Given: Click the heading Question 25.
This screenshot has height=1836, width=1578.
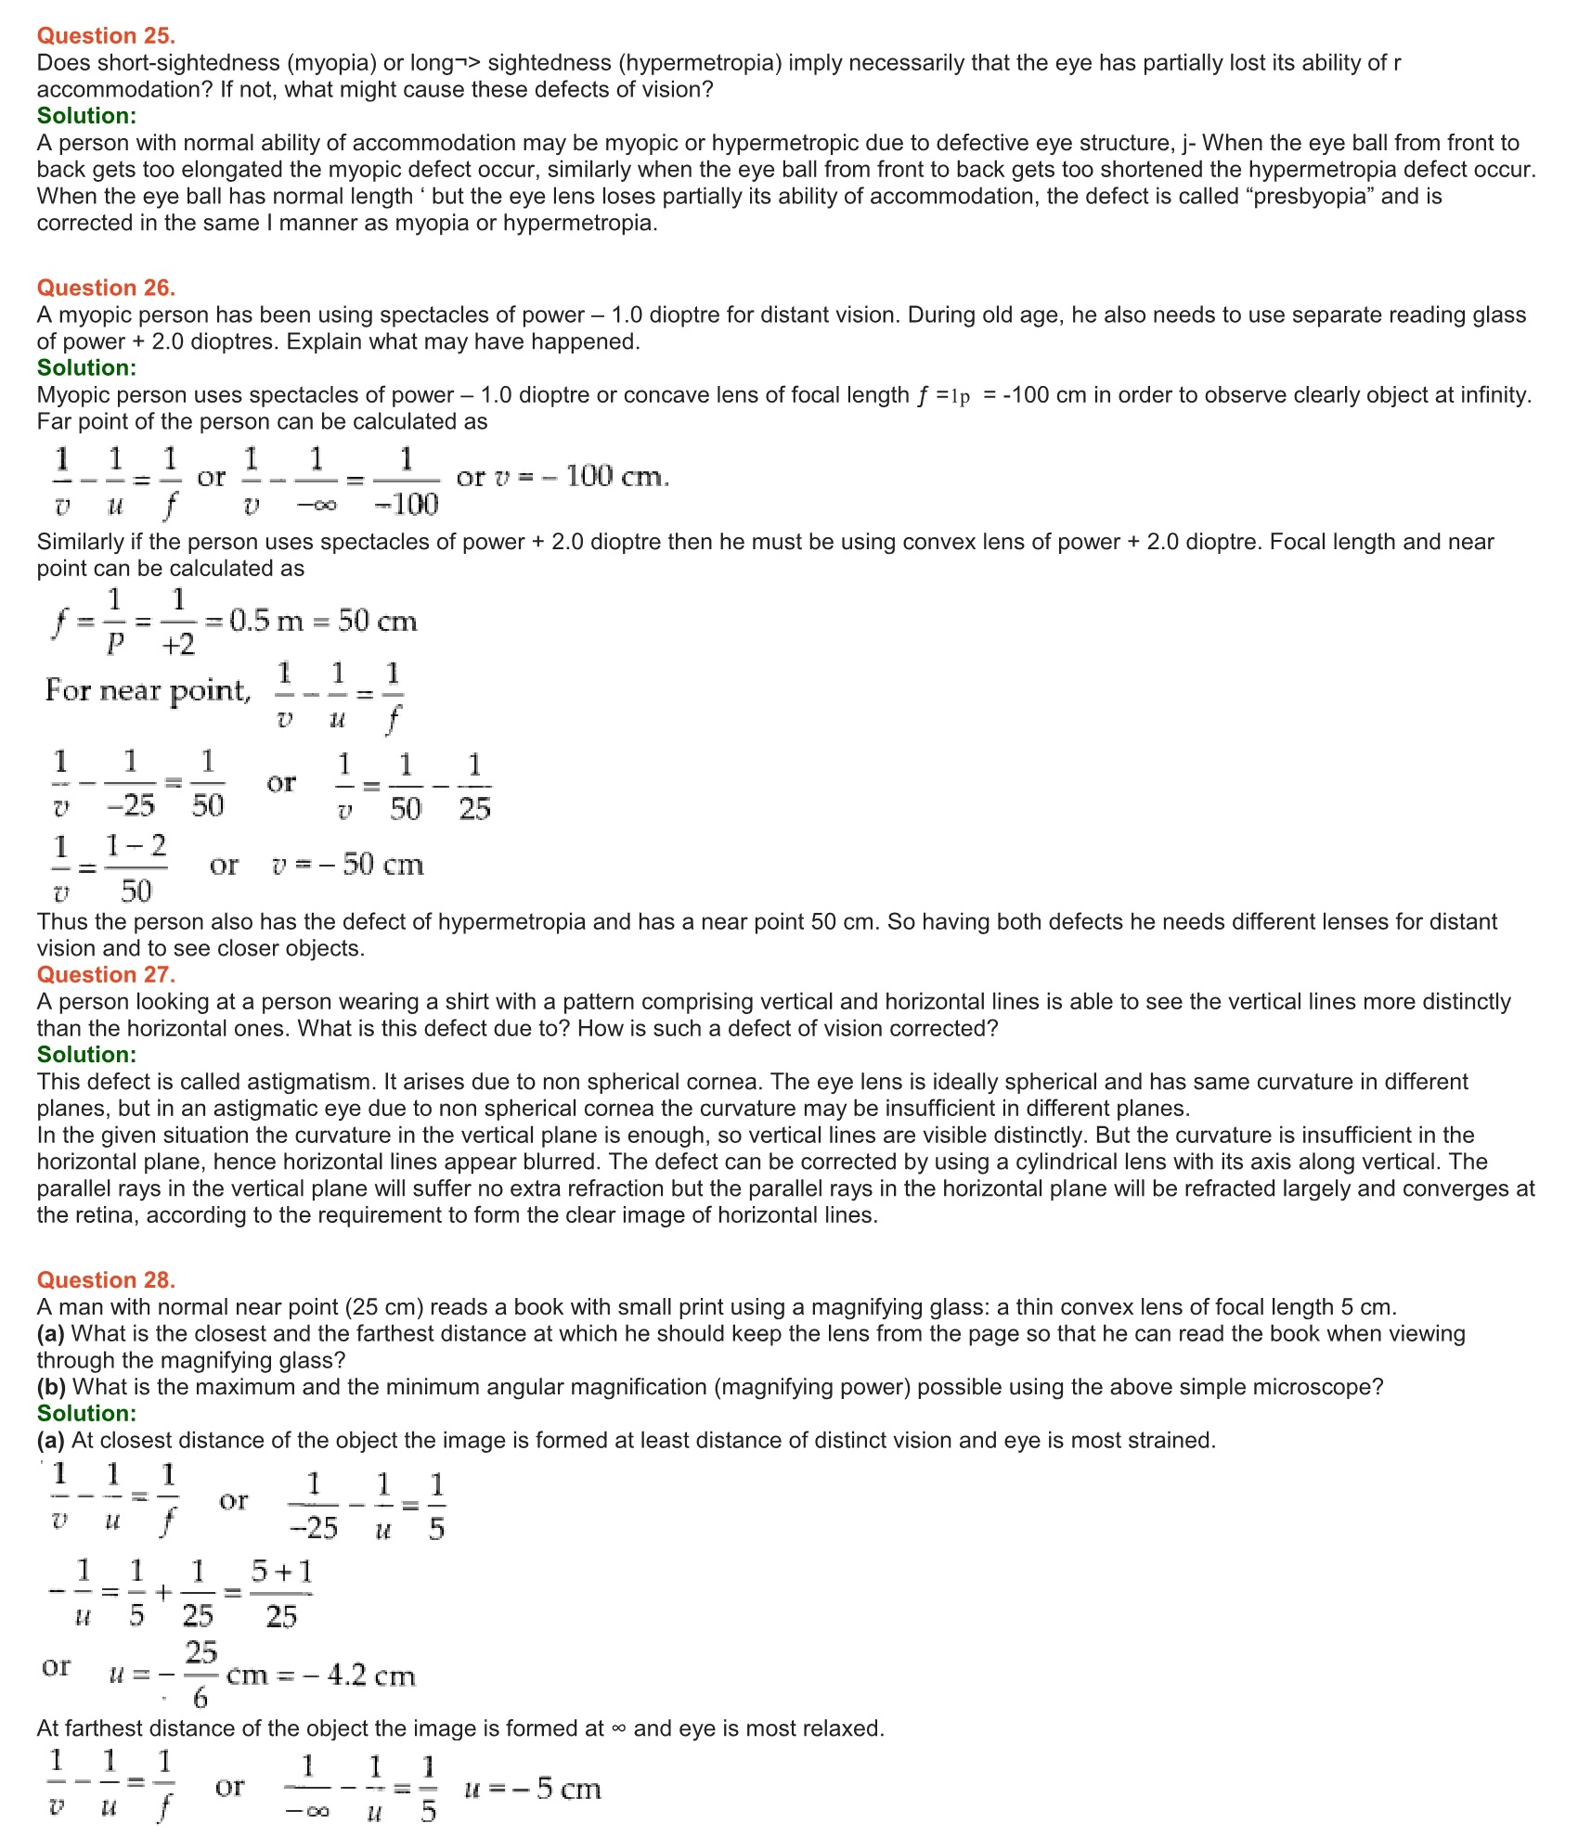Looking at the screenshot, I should tap(106, 35).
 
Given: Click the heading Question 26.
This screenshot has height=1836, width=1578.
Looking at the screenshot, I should tap(106, 288).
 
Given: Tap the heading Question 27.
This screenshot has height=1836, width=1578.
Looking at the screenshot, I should tap(106, 974).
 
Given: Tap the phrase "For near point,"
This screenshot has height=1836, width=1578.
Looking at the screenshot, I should tap(148, 690).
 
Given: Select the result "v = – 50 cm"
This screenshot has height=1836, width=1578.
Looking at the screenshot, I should tap(348, 865).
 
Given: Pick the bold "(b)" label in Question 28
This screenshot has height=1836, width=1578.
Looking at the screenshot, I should tap(51, 1387).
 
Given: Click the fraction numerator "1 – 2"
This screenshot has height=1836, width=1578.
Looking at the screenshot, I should tap(136, 845).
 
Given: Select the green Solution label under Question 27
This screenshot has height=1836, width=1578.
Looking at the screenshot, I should tap(86, 1055).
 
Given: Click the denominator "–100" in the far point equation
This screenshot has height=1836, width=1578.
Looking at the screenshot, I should tap(407, 504).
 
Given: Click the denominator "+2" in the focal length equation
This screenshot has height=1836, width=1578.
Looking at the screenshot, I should tap(178, 644).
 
